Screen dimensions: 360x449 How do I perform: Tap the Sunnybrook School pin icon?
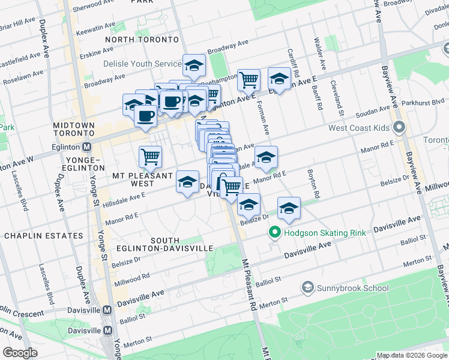point(309,287)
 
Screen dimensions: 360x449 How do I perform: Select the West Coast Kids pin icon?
point(398,128)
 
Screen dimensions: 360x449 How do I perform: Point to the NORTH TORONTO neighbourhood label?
point(142,39)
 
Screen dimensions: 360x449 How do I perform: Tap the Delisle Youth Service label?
point(142,64)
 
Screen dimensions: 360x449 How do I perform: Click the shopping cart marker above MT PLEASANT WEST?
point(150,157)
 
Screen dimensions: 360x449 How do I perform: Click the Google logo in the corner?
point(20,352)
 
